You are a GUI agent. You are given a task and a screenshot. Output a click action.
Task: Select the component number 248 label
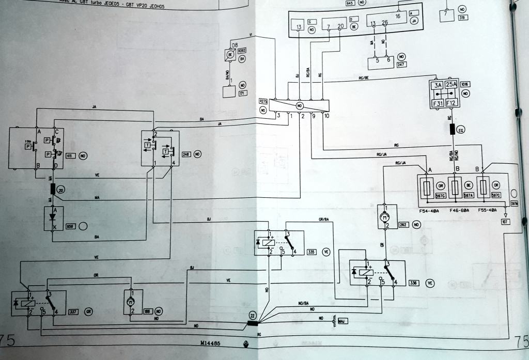click(186, 154)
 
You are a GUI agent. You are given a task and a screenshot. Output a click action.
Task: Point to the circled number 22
click(252, 316)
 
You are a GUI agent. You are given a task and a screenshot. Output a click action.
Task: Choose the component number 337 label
click(74, 311)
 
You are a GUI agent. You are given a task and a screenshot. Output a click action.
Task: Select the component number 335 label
click(311, 252)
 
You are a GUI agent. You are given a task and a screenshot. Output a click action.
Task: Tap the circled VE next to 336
click(430, 283)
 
